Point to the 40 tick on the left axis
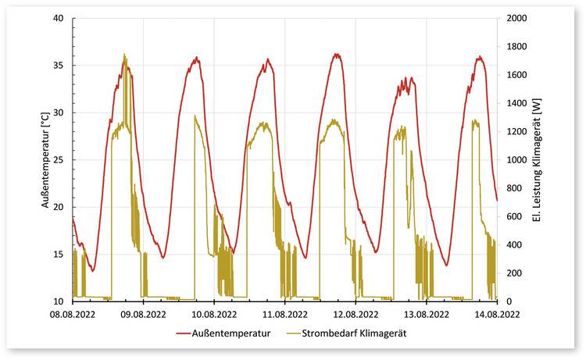[x=59, y=18]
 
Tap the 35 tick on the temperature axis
[x=59, y=66]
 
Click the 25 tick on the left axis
[x=59, y=160]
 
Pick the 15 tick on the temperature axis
[x=59, y=255]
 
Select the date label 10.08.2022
[x=214, y=314]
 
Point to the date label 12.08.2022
[x=356, y=314]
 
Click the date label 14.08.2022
[x=497, y=314]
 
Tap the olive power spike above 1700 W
[x=125, y=55]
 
